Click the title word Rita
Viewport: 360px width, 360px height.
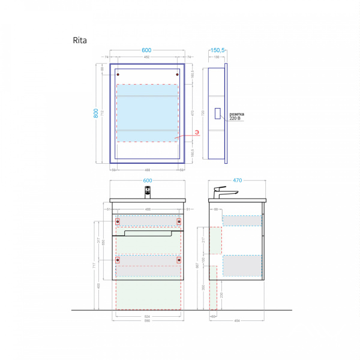coord(79,41)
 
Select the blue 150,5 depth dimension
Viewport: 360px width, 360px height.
coord(217,50)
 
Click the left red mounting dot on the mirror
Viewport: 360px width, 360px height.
coord(118,74)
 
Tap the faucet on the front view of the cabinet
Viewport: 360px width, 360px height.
coord(148,192)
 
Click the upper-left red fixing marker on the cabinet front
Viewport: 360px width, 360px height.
coord(118,221)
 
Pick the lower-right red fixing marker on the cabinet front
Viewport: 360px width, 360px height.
coord(179,260)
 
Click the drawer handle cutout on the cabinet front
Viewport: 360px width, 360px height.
coord(148,235)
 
